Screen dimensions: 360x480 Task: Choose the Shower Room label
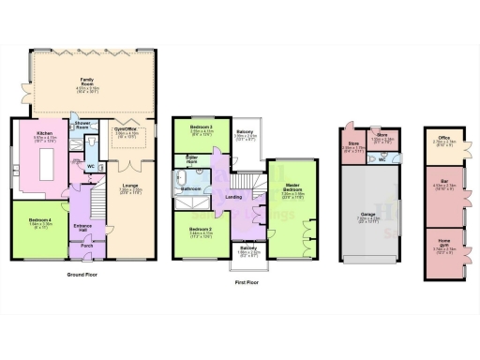point(82,123)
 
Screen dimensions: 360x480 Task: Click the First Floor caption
point(245,280)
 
